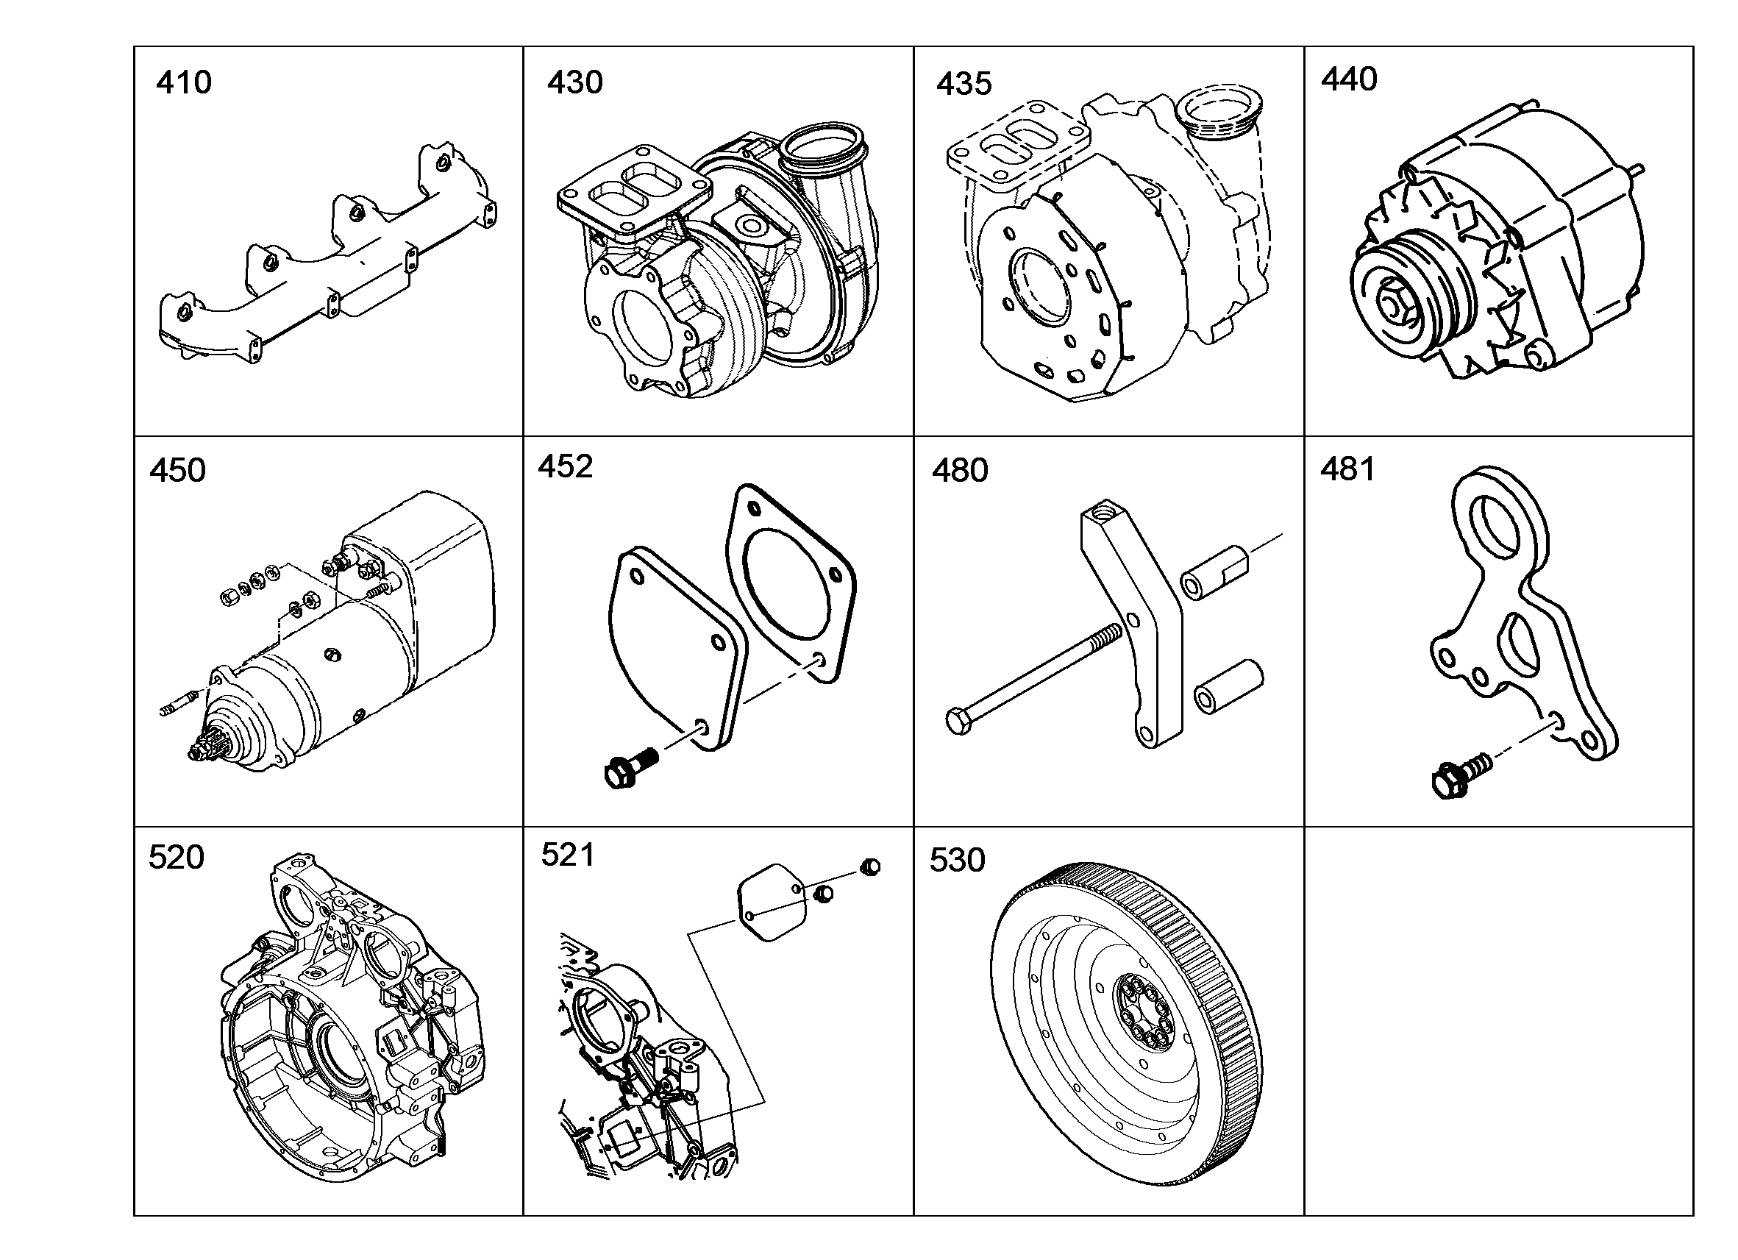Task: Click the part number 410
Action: coord(184,82)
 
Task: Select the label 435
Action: coord(964,84)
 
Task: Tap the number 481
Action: coord(1348,470)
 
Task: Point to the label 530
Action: coord(957,860)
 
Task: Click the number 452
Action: coord(566,466)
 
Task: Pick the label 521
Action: coord(568,855)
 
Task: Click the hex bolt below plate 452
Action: coord(630,767)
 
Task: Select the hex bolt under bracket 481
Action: coord(1460,775)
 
